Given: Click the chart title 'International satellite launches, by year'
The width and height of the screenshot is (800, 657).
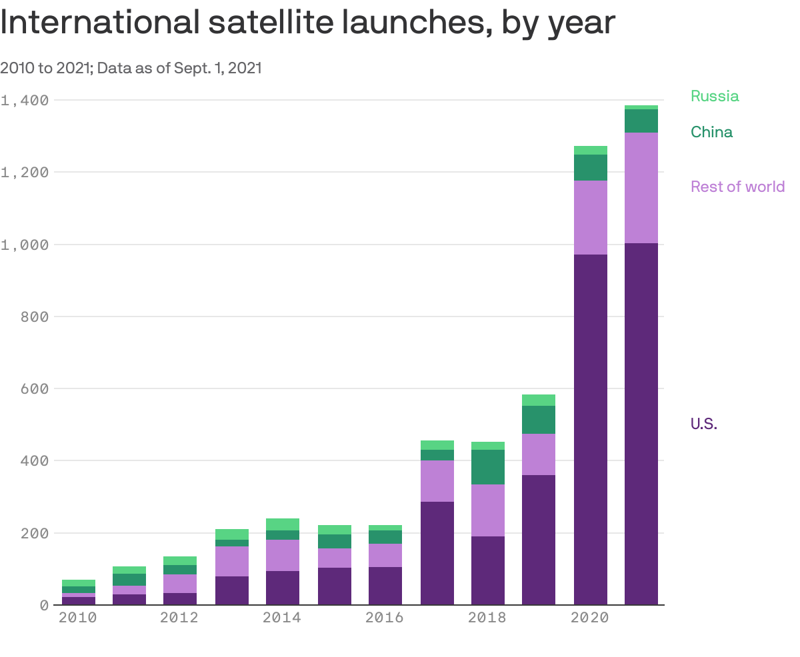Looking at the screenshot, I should coord(307,23).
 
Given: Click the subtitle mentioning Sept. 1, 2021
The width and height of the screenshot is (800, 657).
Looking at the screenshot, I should coord(131,68).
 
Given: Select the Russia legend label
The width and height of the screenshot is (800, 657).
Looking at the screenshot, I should coord(714,96).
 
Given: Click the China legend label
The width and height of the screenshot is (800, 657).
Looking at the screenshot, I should coord(711,132).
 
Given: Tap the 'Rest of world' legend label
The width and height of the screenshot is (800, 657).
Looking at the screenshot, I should coord(737,187).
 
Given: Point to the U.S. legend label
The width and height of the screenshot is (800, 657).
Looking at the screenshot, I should coord(703,424).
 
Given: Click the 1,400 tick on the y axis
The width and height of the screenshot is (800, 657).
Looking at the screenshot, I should coord(25,100).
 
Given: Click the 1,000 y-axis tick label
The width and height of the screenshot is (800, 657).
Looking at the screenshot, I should coord(25,245).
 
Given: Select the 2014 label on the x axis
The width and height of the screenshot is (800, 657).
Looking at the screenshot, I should coord(281,618).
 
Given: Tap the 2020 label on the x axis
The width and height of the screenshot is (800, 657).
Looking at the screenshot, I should coord(590,618).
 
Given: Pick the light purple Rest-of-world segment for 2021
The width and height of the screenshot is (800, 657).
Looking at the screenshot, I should coord(641,188).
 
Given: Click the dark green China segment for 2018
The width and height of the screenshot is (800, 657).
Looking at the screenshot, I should coord(487,466).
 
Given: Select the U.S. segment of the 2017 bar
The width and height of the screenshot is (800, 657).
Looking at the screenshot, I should coord(437,553).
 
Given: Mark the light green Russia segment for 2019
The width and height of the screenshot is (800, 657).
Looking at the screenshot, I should coord(538,400).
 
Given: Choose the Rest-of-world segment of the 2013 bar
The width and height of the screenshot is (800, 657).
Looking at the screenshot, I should coord(231,561).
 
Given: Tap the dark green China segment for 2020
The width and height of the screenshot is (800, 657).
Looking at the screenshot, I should coord(590,167).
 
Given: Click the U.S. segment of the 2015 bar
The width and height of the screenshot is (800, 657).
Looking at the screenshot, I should coord(334,586).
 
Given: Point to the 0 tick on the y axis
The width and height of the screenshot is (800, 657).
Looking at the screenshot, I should coord(44,605).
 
